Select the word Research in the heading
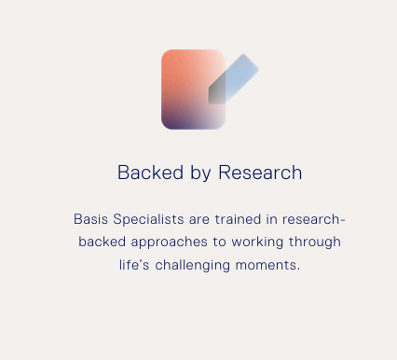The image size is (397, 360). pyautogui.click(x=260, y=173)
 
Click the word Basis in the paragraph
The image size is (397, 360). pyautogui.click(x=90, y=220)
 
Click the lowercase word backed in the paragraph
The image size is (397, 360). pyautogui.click(x=100, y=242)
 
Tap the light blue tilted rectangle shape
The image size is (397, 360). pyautogui.click(x=240, y=75)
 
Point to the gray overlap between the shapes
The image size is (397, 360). pyautogui.click(x=217, y=90)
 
